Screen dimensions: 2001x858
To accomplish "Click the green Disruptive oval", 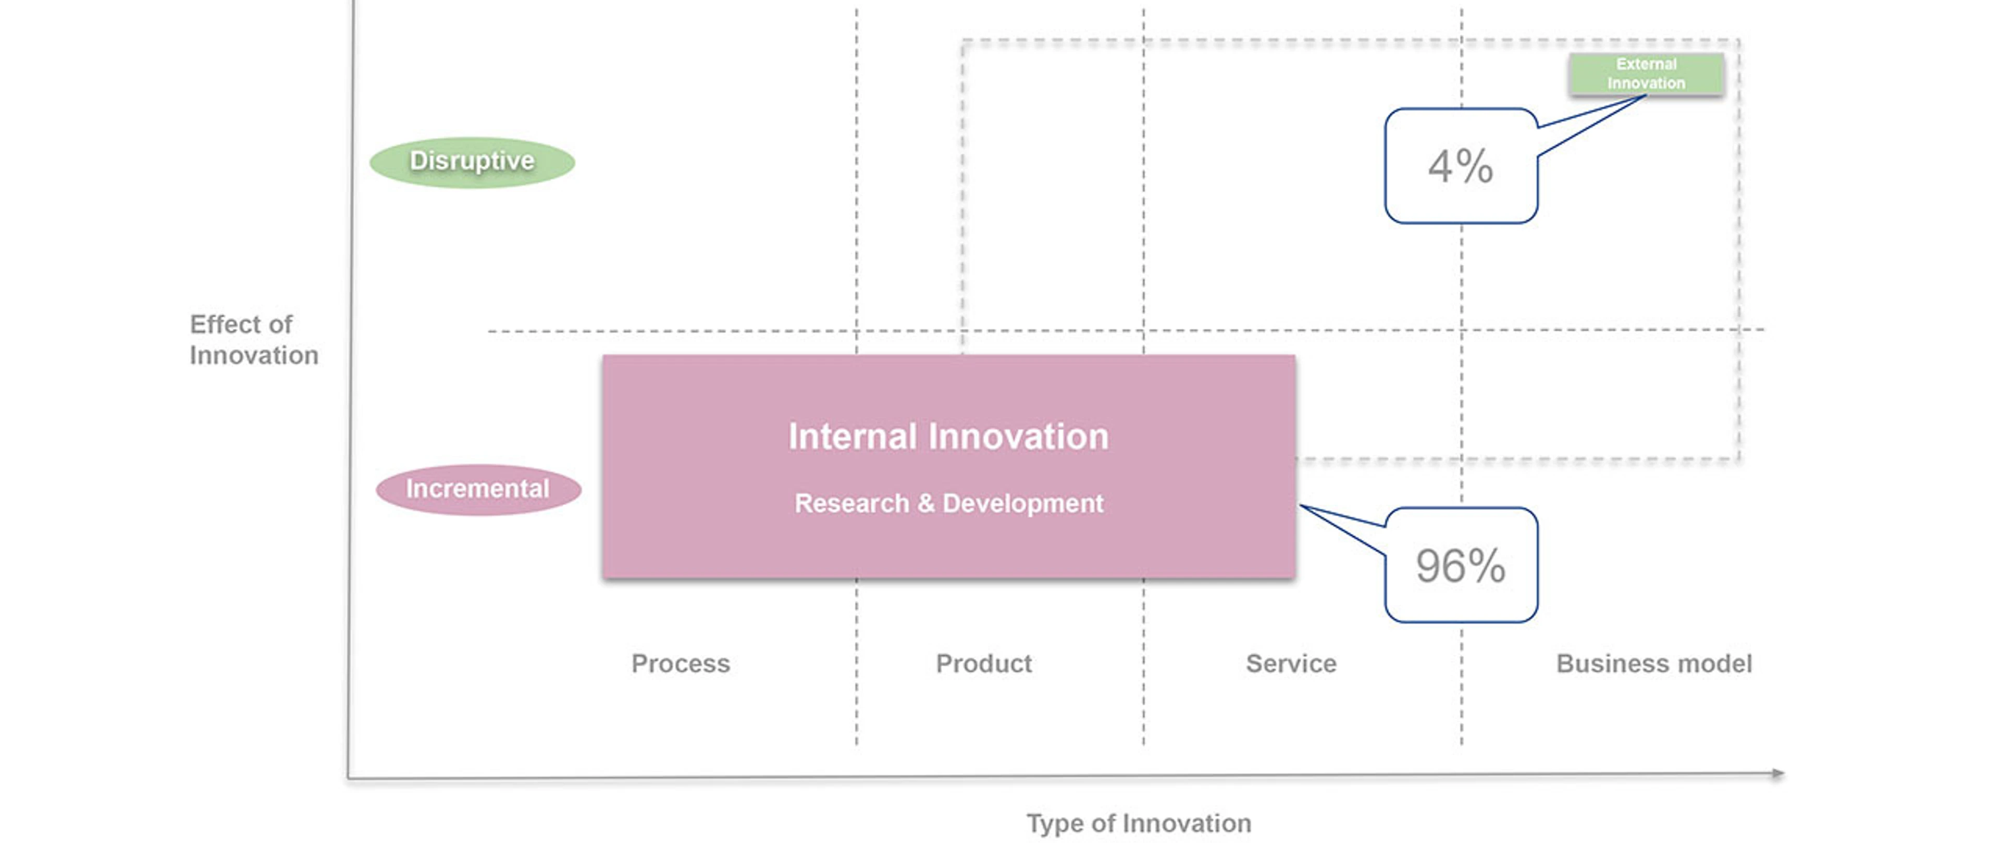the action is coord(472,162).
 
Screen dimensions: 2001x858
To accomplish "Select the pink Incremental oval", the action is coord(478,490).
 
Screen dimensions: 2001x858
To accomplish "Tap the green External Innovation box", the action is coord(1646,74).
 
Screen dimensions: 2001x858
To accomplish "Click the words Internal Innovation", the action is coord(948,436).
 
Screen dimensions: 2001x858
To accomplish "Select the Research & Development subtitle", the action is coord(948,504).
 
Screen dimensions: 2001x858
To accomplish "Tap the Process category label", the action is coord(681,663).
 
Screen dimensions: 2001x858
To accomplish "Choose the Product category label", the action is coord(983,663).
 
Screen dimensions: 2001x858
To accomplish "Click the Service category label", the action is coord(1291,663).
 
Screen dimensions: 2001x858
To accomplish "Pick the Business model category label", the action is coord(1654,663).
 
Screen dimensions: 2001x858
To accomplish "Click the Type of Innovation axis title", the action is coord(1139,824).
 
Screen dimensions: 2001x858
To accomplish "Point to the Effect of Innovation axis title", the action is coord(254,340).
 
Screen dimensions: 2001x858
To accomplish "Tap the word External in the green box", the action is coord(1646,64).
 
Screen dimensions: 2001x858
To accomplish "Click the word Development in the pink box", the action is coord(1023,504).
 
